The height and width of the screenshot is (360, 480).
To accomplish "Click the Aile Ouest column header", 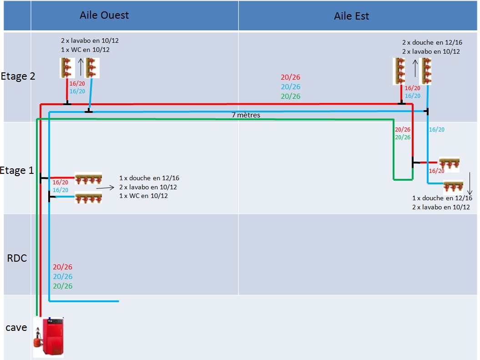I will (104, 15).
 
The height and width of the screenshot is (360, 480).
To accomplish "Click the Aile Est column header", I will (351, 16).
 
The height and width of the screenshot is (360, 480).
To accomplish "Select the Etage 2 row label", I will (18, 76).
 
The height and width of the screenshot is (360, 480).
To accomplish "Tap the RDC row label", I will (17, 259).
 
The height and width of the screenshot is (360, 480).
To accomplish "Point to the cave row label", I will (16, 328).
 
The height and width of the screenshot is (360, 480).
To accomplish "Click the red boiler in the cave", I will (49, 337).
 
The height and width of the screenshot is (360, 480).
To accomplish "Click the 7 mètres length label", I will (246, 115).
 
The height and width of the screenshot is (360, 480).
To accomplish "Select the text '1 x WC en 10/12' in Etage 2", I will (85, 50).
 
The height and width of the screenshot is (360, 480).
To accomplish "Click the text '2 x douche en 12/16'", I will (432, 42).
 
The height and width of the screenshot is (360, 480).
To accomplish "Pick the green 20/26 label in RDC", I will (62, 286).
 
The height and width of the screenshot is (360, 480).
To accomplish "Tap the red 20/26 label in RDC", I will (62, 267).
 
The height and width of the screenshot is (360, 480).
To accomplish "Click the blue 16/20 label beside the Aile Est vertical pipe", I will (437, 130).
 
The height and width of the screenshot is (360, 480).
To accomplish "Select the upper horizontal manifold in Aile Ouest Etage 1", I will (88, 178).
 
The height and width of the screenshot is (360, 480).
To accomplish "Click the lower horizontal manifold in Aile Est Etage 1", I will (456, 187).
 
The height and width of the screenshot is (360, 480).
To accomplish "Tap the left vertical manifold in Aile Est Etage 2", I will (400, 71).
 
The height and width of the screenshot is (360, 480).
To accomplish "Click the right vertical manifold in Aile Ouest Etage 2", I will (92, 67).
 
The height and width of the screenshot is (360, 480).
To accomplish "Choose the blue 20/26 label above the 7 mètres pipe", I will (290, 87).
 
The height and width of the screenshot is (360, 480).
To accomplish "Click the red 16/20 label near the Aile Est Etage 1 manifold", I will (437, 171).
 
